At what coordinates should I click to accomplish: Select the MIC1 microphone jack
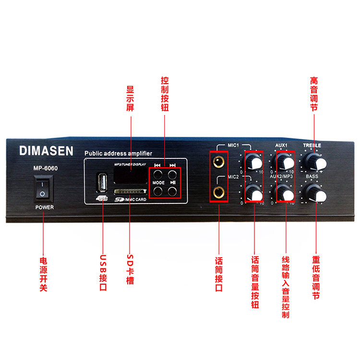point(219,161)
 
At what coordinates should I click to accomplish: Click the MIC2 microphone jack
point(219,192)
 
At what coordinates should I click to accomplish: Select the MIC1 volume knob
point(254,162)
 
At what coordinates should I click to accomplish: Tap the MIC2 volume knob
point(254,194)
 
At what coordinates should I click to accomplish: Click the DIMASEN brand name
point(46,151)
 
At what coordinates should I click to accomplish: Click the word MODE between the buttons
point(159,183)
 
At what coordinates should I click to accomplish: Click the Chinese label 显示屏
point(130,98)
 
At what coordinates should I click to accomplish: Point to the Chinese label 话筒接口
point(219,274)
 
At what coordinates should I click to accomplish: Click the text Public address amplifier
point(118,153)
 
